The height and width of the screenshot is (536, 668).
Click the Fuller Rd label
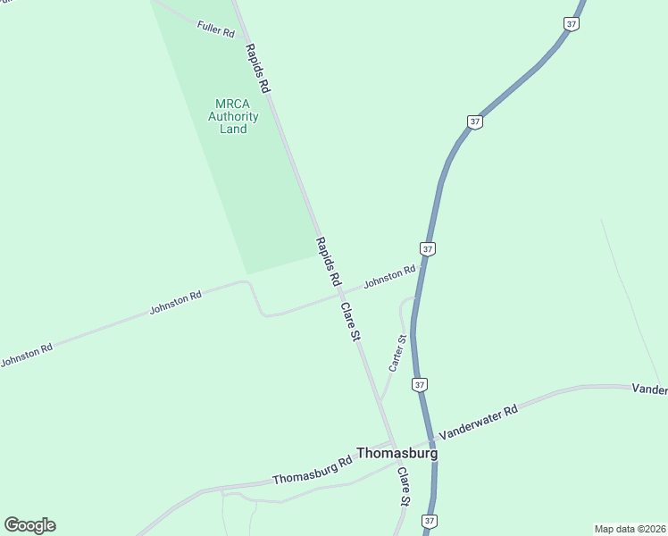click(215, 28)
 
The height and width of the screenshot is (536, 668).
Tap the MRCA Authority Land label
click(233, 116)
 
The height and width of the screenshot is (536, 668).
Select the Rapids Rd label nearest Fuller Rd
click(257, 69)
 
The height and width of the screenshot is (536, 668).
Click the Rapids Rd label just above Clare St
click(329, 262)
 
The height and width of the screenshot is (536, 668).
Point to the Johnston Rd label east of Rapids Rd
click(389, 278)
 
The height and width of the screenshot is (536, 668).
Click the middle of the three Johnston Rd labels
click(175, 303)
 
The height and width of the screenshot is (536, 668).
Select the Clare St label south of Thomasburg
click(404, 487)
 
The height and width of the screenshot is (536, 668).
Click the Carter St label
click(397, 353)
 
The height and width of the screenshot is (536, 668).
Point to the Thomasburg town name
click(397, 453)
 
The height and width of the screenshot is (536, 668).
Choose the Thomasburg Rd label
click(313, 472)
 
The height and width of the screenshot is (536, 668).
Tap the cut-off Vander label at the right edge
click(649, 389)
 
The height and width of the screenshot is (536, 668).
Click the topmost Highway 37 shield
click(572, 24)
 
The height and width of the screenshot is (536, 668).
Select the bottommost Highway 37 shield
click(430, 521)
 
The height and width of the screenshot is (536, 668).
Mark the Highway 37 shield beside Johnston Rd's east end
click(428, 248)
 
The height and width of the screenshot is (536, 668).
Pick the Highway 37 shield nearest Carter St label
click(420, 385)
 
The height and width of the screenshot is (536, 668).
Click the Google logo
click(29, 525)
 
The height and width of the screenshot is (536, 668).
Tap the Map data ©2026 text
click(630, 529)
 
